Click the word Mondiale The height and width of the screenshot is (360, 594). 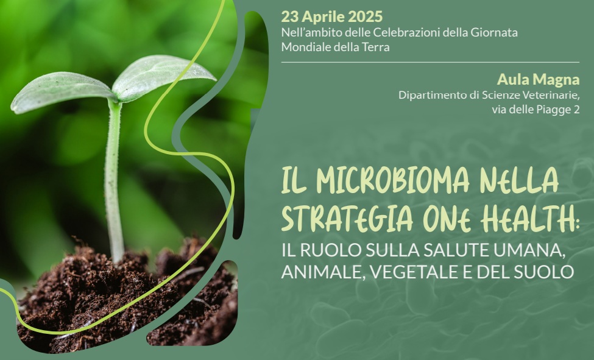tap(305, 47)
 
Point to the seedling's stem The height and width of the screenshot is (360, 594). tap(113, 183)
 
